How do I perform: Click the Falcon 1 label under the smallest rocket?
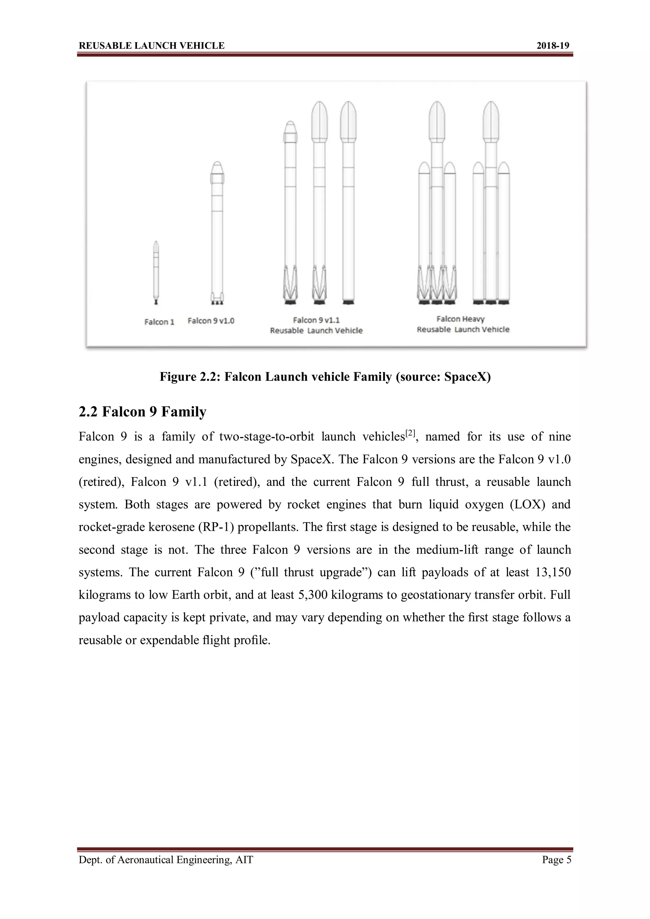pos(159,322)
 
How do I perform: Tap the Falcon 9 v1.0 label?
pos(211,321)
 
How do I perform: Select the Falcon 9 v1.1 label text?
pos(316,320)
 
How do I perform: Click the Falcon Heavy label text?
pos(460,319)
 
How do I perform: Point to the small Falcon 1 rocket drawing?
pos(156,272)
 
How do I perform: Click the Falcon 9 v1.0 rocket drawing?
pos(217,232)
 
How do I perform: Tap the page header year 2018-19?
pos(552,46)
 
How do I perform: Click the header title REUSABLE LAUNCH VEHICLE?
pos(151,46)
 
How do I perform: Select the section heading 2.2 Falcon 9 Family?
pos(142,412)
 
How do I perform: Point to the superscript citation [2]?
pos(410,433)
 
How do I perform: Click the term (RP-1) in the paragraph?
pos(216,527)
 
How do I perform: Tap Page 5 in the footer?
pos(556,860)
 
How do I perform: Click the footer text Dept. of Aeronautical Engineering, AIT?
pos(166,860)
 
